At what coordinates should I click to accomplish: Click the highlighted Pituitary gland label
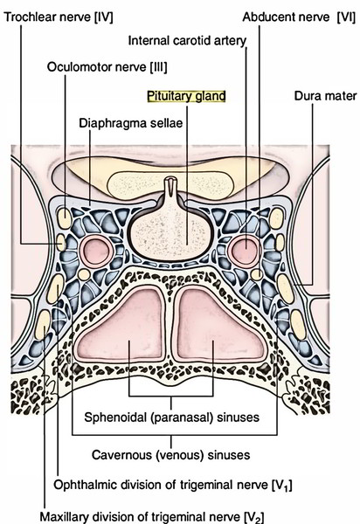pos(186,96)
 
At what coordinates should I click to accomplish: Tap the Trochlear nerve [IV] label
pos(59,17)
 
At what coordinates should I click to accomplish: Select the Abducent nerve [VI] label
pos(299,17)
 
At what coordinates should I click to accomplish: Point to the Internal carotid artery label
pos(187,41)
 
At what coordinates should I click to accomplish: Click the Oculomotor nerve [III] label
pos(107,67)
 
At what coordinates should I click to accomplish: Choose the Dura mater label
pos(325,96)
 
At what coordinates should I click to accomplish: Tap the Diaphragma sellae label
pos(131,123)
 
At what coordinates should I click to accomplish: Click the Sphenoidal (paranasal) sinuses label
pos(172,417)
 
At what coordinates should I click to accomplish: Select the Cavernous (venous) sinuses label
pos(170,455)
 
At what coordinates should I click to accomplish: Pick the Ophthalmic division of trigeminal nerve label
pos(173,486)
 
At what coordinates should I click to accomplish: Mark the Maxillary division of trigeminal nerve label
pos(152,517)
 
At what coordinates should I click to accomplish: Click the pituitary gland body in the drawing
pos(169,236)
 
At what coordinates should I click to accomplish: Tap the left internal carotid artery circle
pos(96,252)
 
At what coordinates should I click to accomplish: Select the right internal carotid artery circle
pos(244,252)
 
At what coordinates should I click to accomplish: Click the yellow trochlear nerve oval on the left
pos(61,242)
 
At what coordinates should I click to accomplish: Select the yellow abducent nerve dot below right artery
pos(257,275)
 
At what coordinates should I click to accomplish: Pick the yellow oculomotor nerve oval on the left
pos(64,218)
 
